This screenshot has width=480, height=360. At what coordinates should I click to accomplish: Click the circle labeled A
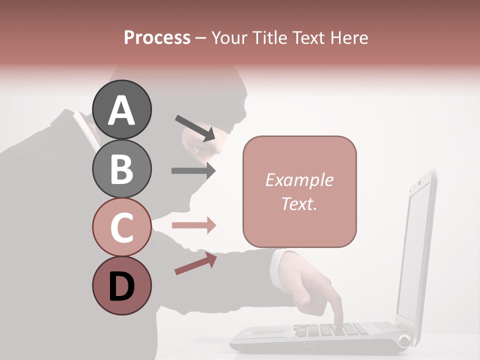pyautogui.click(x=121, y=109)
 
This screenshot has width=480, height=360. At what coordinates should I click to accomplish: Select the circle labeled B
pyautogui.click(x=121, y=168)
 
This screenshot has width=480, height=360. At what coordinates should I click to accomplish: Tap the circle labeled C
pyautogui.click(x=121, y=227)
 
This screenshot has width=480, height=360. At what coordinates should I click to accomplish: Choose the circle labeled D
pyautogui.click(x=121, y=285)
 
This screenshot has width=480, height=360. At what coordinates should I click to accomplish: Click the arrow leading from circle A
pyautogui.click(x=195, y=128)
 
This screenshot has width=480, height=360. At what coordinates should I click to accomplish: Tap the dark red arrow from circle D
pyautogui.click(x=195, y=263)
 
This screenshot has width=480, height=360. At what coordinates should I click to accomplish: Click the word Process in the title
pyautogui.click(x=157, y=38)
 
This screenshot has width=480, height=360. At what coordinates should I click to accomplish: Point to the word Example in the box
pyautogui.click(x=299, y=180)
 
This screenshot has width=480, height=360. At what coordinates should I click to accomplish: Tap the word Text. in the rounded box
pyautogui.click(x=299, y=203)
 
